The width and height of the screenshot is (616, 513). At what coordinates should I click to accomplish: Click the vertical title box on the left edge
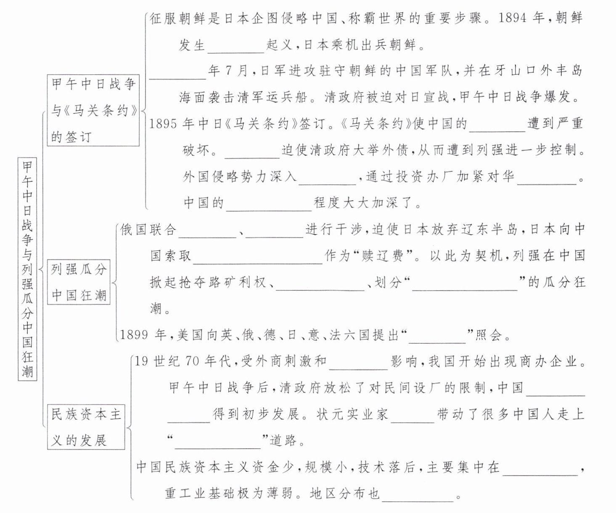point(27,269)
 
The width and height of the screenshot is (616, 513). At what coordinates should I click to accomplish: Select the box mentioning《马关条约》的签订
point(93,110)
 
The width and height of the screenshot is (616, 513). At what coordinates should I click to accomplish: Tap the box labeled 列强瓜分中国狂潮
point(79,282)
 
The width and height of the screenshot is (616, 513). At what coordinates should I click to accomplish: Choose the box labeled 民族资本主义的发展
point(86,427)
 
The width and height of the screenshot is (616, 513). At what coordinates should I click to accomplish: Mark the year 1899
point(135,335)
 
